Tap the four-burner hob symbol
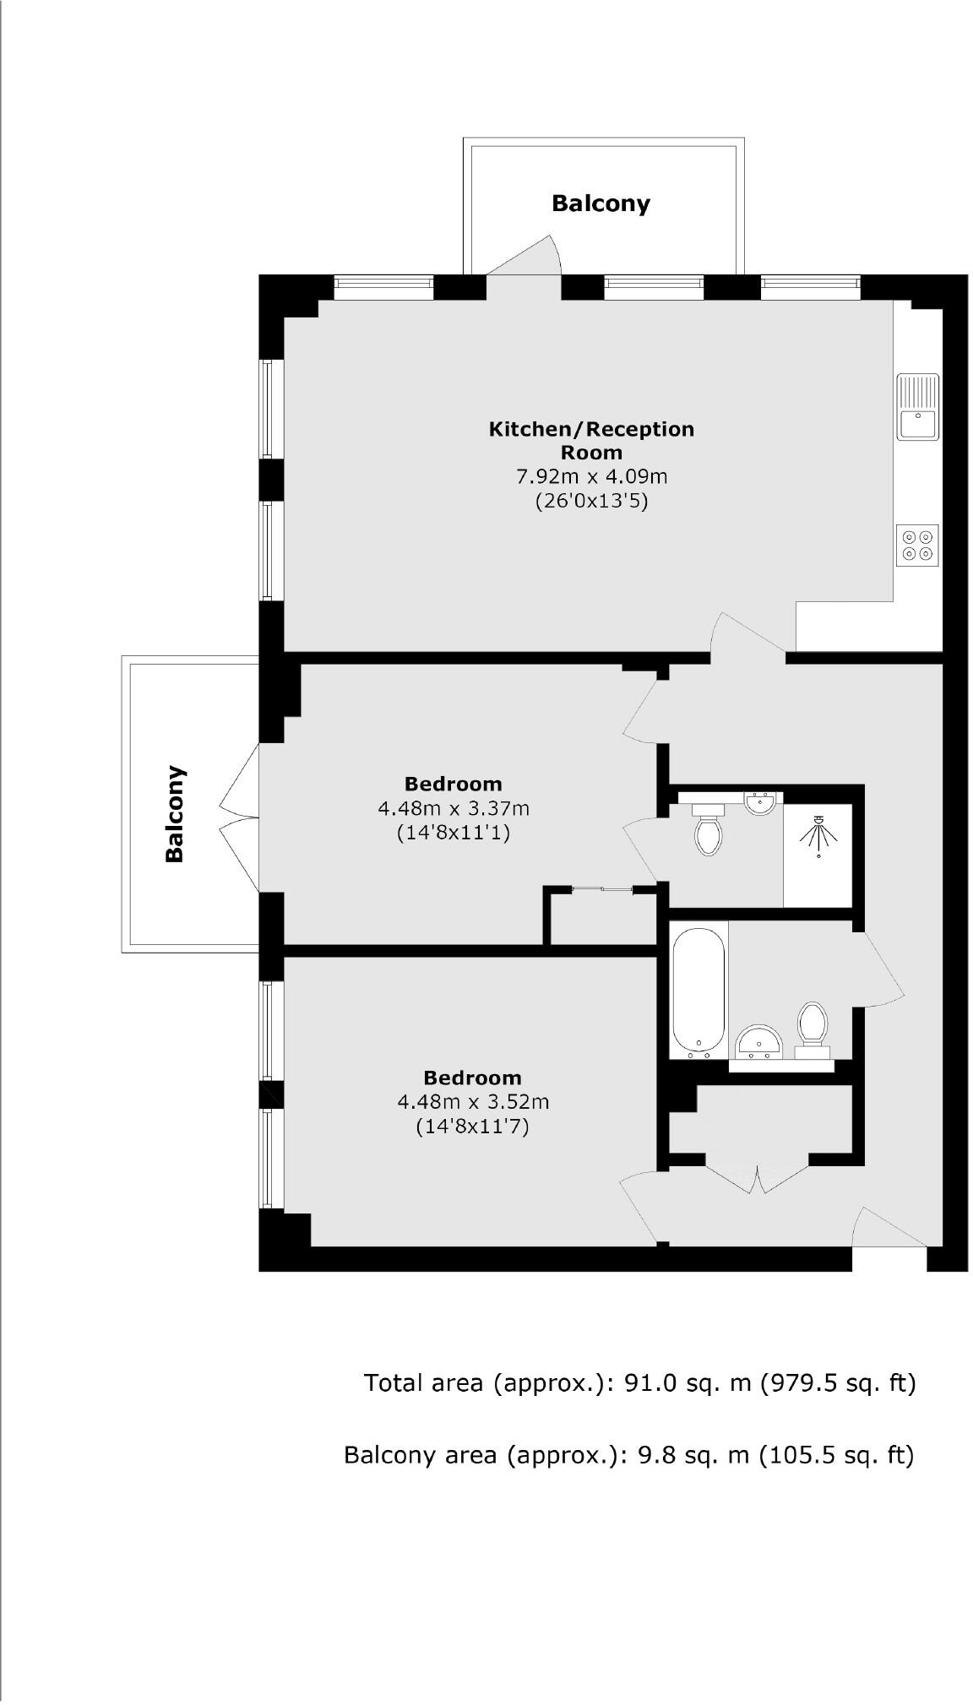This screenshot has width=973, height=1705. click(x=917, y=545)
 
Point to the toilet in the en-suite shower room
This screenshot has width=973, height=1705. click(x=708, y=830)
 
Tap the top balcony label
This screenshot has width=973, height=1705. click(x=601, y=204)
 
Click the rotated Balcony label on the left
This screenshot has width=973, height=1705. click(x=175, y=812)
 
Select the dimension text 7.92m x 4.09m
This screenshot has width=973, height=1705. click(x=591, y=476)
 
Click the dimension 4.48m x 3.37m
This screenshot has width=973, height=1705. click(x=454, y=808)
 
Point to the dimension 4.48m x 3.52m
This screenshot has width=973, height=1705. click(x=473, y=1101)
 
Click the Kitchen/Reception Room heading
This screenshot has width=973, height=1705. click(x=591, y=439)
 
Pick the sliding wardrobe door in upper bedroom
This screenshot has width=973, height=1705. click(x=602, y=888)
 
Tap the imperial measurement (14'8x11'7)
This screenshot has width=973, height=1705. click(x=472, y=1126)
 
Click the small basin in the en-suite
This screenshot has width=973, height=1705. click(x=761, y=802)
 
